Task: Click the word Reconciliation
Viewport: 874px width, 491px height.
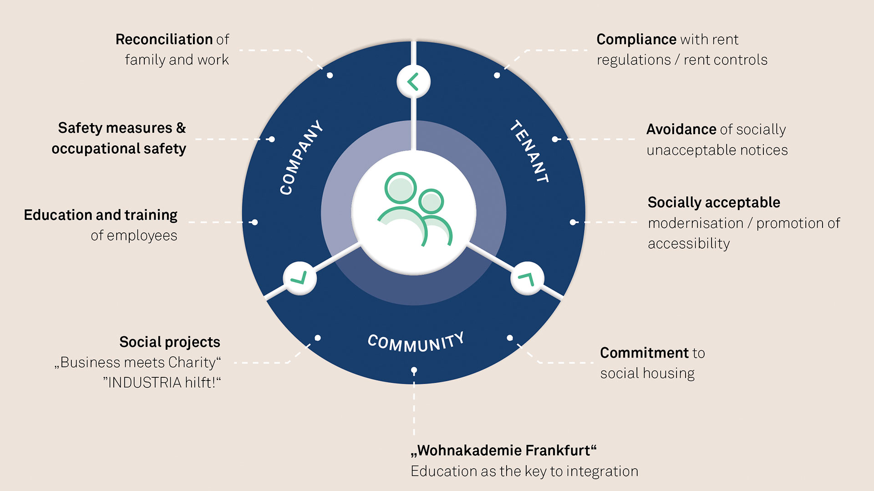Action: pos(164,40)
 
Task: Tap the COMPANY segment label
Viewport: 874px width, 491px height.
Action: pos(301,158)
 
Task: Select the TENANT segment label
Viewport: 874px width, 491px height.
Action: pos(529,151)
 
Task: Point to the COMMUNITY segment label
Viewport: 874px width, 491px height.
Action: pos(416,342)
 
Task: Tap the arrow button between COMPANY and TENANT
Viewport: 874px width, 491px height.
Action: pos(413,82)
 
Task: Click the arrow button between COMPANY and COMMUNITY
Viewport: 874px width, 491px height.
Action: pos(300,278)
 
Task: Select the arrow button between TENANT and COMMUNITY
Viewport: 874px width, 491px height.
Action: pos(527,278)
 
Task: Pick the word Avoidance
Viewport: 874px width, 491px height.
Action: pos(681,130)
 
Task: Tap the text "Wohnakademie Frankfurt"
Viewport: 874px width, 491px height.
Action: pos(503,451)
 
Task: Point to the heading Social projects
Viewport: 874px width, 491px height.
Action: pos(170,342)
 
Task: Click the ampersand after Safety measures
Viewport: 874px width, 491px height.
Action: pos(181,128)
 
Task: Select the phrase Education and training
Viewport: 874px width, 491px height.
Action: pos(101,215)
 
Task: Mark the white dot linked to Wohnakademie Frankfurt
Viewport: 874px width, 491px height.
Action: pos(414,371)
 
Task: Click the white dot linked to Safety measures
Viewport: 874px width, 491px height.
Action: pos(272,139)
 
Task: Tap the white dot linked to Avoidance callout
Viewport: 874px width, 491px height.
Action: pos(555,139)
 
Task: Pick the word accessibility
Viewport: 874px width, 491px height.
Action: pos(689,244)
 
